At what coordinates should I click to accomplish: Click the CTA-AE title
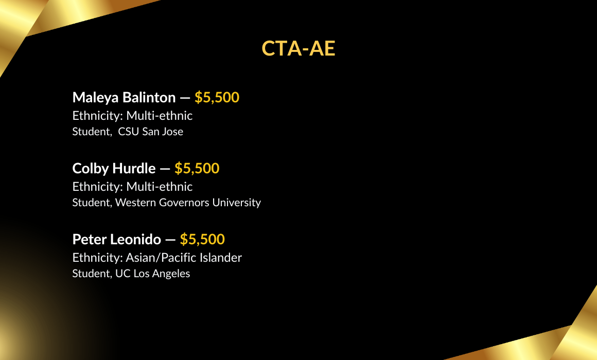click(298, 48)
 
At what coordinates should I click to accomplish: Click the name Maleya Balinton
click(124, 98)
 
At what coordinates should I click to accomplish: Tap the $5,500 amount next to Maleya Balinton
click(217, 98)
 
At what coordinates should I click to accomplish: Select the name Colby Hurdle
click(114, 169)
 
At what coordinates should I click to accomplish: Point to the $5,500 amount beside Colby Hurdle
click(197, 169)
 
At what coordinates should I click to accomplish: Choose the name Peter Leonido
click(116, 239)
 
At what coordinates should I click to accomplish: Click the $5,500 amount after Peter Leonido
click(202, 239)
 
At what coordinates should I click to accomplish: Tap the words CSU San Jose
click(150, 132)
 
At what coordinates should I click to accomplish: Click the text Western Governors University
click(188, 203)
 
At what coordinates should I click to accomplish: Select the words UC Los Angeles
click(153, 274)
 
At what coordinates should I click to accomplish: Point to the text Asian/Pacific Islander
click(184, 258)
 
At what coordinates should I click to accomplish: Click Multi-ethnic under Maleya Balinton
click(160, 116)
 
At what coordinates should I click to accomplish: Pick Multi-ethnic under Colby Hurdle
click(160, 187)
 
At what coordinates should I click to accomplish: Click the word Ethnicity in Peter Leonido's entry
click(97, 258)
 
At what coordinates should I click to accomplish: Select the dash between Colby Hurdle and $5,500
click(165, 169)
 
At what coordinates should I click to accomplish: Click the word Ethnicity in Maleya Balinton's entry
click(97, 116)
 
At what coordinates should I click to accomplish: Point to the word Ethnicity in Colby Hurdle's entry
click(97, 187)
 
